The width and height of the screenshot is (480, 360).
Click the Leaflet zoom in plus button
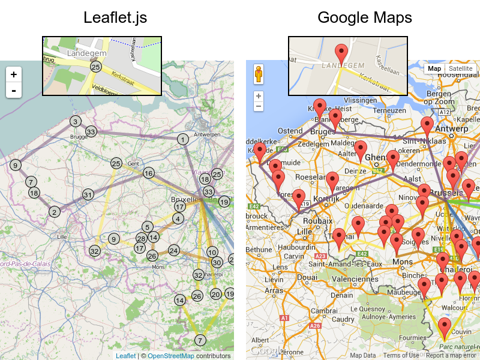pos(13,75)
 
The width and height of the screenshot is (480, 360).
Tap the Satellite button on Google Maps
pos(460,68)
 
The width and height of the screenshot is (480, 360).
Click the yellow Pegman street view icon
pos(259,74)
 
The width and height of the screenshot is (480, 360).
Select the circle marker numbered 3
pos(75,121)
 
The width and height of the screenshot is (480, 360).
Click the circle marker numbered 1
pos(182,139)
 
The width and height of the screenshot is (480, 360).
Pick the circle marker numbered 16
pos(148,173)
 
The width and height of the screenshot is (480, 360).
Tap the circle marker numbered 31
pos(88,194)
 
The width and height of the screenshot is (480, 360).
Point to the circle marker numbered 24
pos(173,250)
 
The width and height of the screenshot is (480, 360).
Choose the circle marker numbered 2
pos(55,211)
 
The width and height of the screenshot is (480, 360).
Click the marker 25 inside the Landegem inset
pos(95,67)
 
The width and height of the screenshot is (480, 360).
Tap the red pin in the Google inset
pos(341,53)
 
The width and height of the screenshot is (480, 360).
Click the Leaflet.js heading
pos(115,18)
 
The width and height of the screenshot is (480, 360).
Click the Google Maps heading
pos(365,18)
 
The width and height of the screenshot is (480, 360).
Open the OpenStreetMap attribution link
pos(170,356)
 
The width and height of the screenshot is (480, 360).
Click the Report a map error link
pos(451,356)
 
